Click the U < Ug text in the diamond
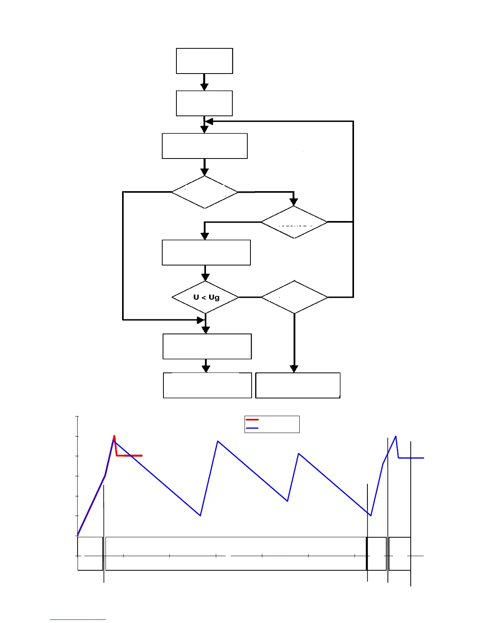(x=206, y=297)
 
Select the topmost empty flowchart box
(x=204, y=61)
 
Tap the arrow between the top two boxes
(x=204, y=82)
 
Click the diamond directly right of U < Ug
(x=294, y=297)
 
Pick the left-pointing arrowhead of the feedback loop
(x=209, y=122)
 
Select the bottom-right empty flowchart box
(x=298, y=385)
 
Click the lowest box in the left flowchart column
(x=207, y=385)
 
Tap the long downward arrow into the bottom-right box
(x=294, y=342)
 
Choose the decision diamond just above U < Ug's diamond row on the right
(x=294, y=222)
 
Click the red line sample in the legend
(x=252, y=420)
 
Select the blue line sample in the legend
(x=252, y=428)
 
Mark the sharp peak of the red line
(x=114, y=436)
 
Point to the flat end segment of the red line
(x=130, y=455)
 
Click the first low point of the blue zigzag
(x=200, y=515)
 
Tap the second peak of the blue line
(x=218, y=441)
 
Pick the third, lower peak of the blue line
(x=299, y=453)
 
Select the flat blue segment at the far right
(x=412, y=458)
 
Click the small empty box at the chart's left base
(x=90, y=553)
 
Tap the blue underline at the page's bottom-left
(x=78, y=620)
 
